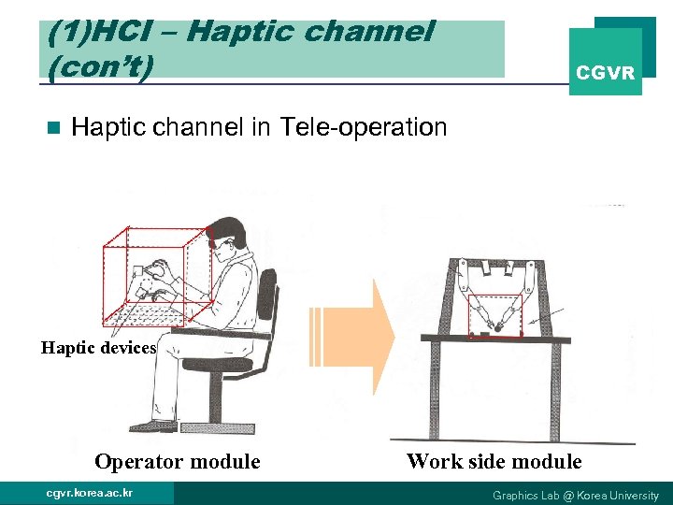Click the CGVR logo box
[606, 63]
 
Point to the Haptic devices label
[98, 348]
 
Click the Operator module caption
[177, 461]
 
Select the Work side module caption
[494, 461]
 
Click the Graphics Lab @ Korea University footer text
[575, 495]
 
